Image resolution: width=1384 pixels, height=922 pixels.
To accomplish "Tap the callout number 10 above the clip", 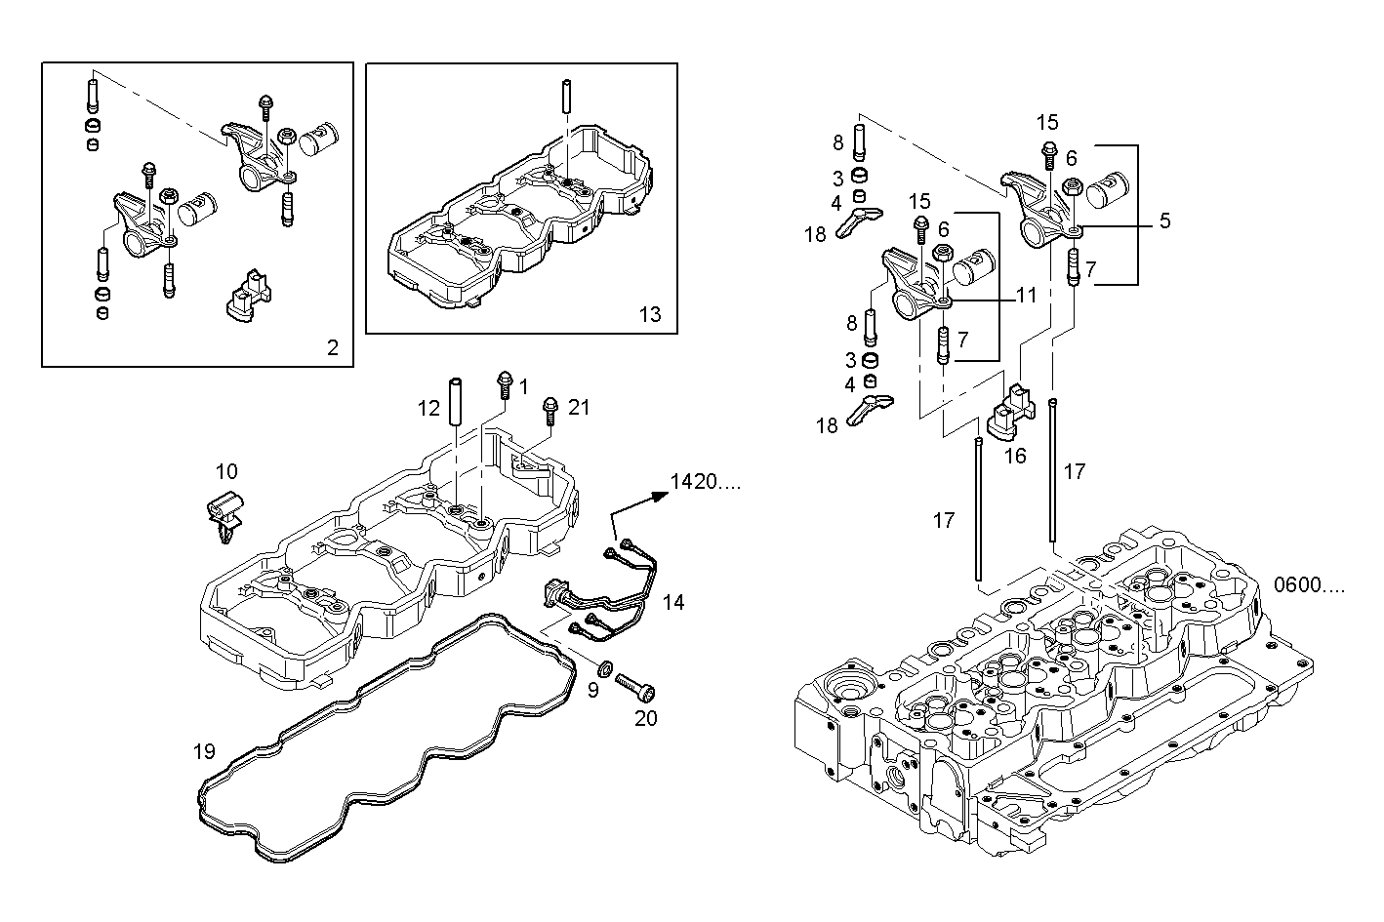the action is point(225,472).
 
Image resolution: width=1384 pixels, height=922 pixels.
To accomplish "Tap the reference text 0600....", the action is point(1309,585).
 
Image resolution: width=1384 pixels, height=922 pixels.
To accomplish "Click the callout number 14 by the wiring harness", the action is point(672,603).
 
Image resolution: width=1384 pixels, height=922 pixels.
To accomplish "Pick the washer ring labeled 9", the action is point(604,669).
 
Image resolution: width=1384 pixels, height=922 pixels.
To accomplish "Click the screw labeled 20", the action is point(634,689).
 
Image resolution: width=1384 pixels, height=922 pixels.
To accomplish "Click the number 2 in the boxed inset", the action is point(333,347).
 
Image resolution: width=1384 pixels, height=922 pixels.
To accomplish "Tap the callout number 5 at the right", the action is point(1164,221).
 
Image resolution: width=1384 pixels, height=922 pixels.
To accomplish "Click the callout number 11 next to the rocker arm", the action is point(1025,295).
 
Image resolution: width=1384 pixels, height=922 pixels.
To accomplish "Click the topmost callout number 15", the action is point(1047,123).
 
